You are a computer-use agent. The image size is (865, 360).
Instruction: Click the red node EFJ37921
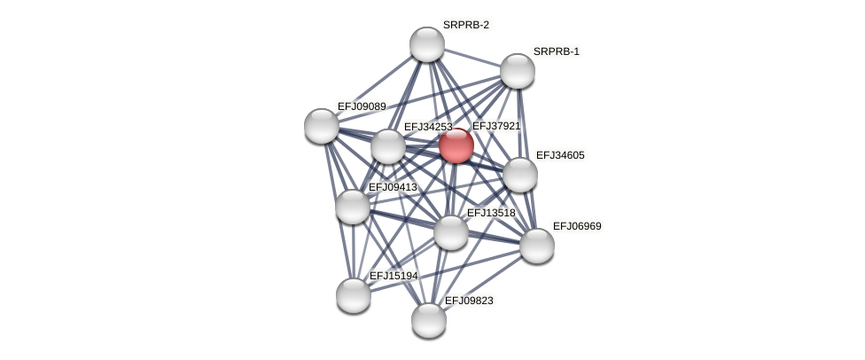coord(456,145)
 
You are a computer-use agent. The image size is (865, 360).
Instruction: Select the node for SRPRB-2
coord(427,44)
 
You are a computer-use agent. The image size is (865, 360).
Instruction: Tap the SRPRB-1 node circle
coord(518,71)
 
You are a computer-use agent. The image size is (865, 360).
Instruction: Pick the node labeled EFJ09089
coord(322,126)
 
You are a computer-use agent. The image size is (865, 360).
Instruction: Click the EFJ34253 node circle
coord(387,146)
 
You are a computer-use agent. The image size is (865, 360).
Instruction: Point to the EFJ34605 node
coord(520,175)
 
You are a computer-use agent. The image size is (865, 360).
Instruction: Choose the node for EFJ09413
coord(353,207)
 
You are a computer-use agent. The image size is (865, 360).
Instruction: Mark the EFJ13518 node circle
coord(451,232)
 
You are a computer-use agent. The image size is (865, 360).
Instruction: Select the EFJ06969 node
coord(537,246)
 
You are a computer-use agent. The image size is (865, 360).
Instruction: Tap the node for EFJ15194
coord(354,295)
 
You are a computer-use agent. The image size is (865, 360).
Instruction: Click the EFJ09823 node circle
coord(429,320)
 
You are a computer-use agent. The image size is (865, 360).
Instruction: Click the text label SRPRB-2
coord(466,25)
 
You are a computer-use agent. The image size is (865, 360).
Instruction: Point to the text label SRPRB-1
coord(556,51)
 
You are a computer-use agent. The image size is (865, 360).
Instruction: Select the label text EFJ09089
coord(362,106)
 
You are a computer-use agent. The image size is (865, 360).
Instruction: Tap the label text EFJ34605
coord(560,155)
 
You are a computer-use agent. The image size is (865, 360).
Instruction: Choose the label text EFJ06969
coord(577,226)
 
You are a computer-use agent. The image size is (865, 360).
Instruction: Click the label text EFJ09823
coord(469,301)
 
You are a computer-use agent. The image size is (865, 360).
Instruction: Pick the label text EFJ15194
coord(394,276)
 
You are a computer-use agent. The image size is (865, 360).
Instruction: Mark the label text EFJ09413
coord(393,187)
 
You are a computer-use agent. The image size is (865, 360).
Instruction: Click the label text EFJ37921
coord(496,126)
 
